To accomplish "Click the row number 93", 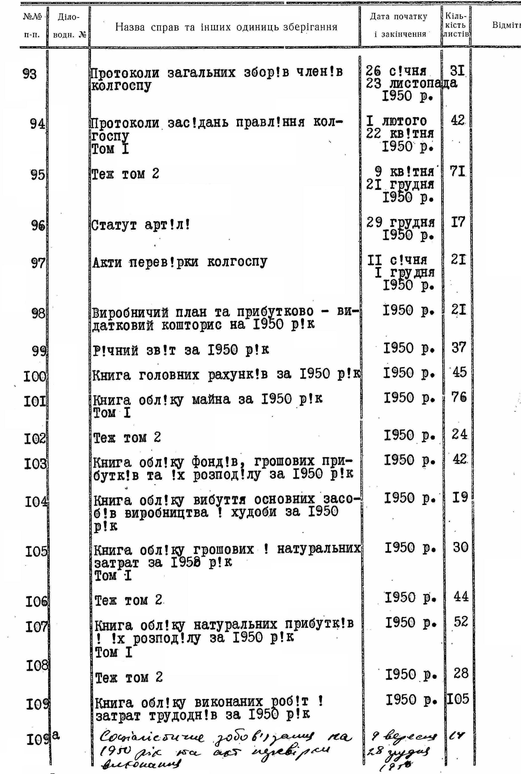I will [x=29, y=74].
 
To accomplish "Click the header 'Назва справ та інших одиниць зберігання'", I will [x=226, y=27].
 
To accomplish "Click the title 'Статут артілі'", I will [x=141, y=225].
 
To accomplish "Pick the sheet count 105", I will [x=458, y=699].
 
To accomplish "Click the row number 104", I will [x=36, y=502].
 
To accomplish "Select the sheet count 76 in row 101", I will [x=459, y=397].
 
